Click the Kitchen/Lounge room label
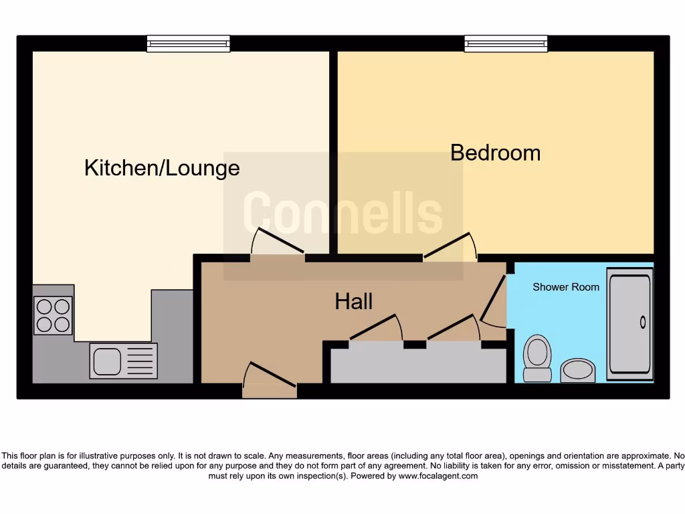[x=162, y=167]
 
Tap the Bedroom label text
[x=495, y=153]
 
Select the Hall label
[x=353, y=302]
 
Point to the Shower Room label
[x=565, y=287]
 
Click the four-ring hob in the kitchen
[x=54, y=315]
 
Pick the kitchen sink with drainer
[x=124, y=361]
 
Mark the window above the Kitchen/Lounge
[x=189, y=44]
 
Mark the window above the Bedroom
[x=506, y=44]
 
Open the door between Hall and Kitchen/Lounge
[x=277, y=244]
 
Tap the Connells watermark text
[x=342, y=213]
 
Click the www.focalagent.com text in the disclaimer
[x=438, y=477]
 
